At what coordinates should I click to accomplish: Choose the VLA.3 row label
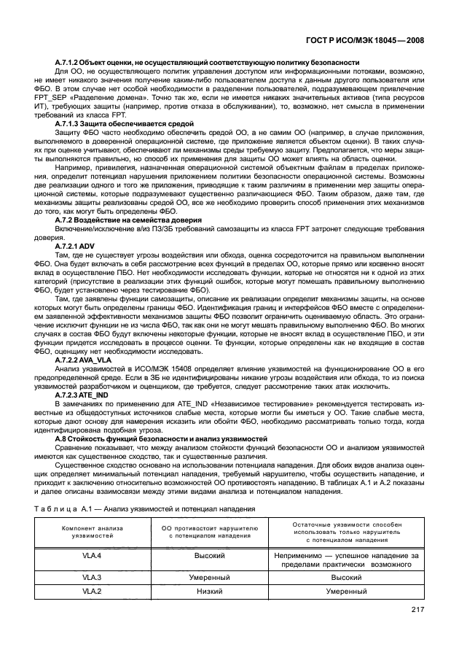coord(90,576)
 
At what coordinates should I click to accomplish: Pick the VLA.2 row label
coord(90,592)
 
